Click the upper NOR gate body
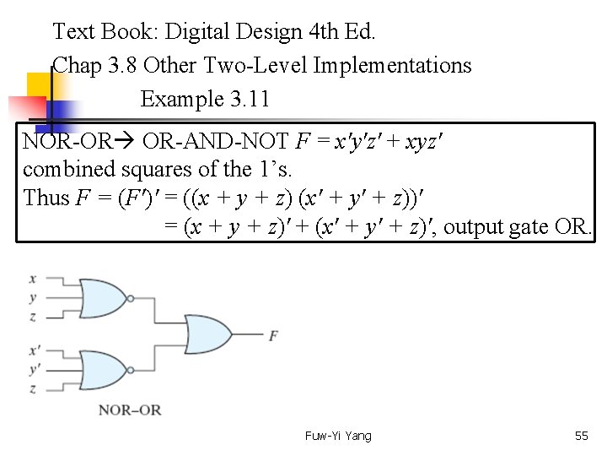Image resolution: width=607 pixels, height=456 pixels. tap(101, 297)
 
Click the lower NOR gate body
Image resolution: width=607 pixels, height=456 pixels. tap(101, 368)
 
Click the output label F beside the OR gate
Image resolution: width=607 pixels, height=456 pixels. tap(273, 336)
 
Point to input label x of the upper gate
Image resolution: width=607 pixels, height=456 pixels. tap(32, 278)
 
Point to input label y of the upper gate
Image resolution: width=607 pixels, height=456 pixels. tap(32, 297)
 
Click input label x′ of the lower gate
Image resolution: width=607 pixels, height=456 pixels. tap(33, 348)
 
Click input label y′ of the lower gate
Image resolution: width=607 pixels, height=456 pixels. tap(33, 368)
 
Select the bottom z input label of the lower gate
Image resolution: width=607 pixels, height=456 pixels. tap(32, 388)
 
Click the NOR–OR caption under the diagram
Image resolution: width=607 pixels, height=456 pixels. tap(129, 410)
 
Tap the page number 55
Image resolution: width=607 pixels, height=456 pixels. tap(581, 436)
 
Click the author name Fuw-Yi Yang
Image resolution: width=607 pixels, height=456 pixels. tap(338, 436)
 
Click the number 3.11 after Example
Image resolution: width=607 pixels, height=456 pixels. tap(249, 99)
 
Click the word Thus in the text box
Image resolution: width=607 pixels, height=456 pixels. tap(47, 198)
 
